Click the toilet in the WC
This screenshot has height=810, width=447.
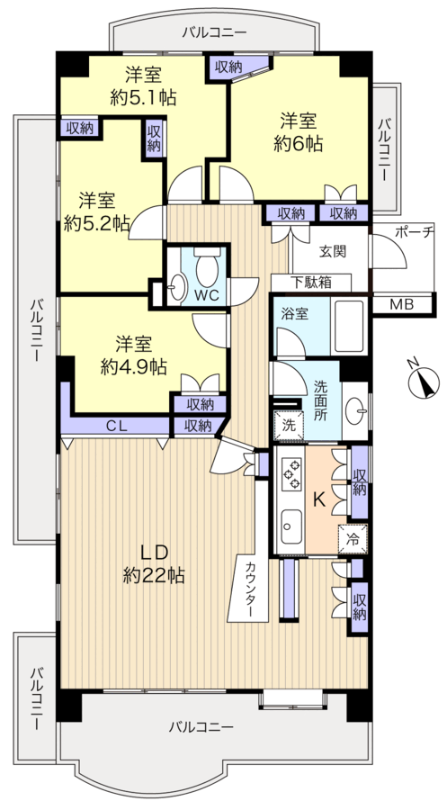207,266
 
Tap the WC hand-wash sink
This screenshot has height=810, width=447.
179,287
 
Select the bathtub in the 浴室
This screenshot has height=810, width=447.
349,326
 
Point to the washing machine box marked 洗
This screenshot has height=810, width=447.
289,426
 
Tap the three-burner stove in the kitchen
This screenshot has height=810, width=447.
291,472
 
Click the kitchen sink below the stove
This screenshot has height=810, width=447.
291,526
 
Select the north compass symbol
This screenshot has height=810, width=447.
424,382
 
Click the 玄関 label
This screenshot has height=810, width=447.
332,252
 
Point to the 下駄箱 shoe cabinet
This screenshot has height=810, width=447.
311,283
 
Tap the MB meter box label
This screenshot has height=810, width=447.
401,305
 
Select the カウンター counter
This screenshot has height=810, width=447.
247,588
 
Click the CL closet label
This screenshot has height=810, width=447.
117,427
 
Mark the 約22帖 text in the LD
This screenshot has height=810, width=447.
154,575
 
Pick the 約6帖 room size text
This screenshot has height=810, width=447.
299,144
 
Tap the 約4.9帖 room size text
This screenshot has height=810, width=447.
133,367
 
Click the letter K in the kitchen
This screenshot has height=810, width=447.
320,499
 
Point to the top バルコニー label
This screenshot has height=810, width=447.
214,33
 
